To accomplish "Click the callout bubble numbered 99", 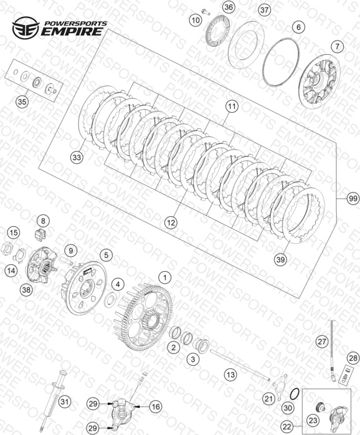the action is [x=353, y=199].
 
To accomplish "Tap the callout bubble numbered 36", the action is [x=229, y=7].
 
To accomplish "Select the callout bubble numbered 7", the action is [x=337, y=46].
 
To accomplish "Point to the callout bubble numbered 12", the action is [x=171, y=222].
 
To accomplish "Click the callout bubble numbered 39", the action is [x=281, y=260].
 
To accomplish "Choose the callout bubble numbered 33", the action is [x=77, y=157].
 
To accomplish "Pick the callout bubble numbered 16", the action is [x=156, y=407].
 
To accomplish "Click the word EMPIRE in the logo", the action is [x=72, y=31].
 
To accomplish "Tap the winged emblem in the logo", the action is [x=26, y=27].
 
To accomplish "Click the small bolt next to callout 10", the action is [x=206, y=12].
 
